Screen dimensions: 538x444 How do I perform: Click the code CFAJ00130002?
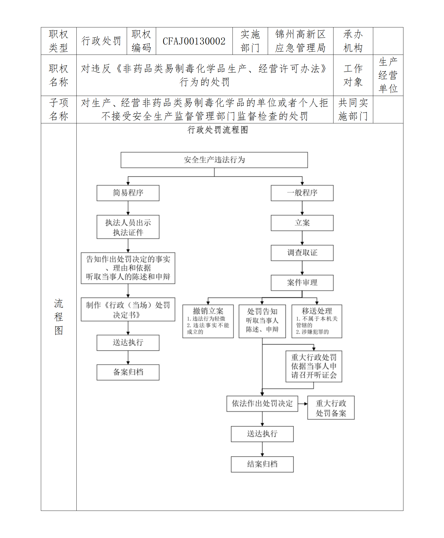coord(194,41)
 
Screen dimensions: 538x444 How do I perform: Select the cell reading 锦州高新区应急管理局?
coord(300,41)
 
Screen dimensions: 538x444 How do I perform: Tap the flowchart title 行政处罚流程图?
coord(217,130)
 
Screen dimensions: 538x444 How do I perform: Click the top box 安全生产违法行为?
coord(214,160)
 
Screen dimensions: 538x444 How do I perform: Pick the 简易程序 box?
coord(128,193)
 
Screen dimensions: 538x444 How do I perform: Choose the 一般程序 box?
coord(302,193)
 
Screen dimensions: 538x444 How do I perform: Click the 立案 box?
coord(302,223)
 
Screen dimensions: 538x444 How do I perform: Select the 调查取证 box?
coord(302,253)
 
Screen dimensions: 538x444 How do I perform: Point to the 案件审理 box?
coord(302,283)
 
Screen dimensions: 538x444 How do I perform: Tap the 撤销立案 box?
coord(208,321)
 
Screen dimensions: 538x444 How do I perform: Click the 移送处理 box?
coord(317,321)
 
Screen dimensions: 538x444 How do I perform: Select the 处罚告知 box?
coord(262,321)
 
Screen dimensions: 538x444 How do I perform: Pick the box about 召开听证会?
coord(314,366)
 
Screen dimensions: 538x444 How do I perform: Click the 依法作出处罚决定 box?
coord(262,403)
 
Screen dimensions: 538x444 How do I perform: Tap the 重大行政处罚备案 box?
coord(331,408)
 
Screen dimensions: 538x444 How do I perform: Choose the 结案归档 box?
coord(262,464)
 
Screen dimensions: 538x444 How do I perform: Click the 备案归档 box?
coord(128,372)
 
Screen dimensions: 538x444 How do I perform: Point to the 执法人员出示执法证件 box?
coord(128,227)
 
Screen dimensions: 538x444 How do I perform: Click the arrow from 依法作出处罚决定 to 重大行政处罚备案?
coord(303,404)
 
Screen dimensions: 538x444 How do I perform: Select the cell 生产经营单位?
coord(388,75)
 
